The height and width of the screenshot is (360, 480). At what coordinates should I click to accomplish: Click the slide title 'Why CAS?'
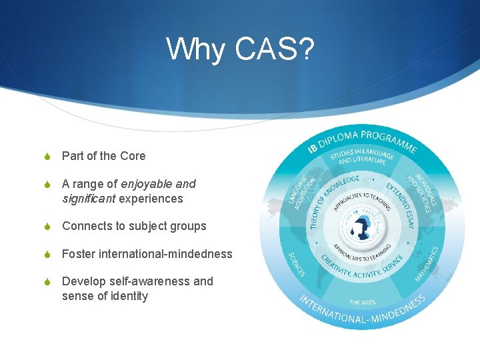[239, 49]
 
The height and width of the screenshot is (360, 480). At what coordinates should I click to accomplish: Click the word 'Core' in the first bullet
[133, 156]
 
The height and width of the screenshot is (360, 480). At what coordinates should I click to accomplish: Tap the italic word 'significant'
[89, 199]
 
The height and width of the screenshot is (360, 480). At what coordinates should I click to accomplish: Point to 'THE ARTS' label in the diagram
[363, 303]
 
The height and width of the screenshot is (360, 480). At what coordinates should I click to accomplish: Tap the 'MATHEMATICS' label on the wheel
[427, 263]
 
